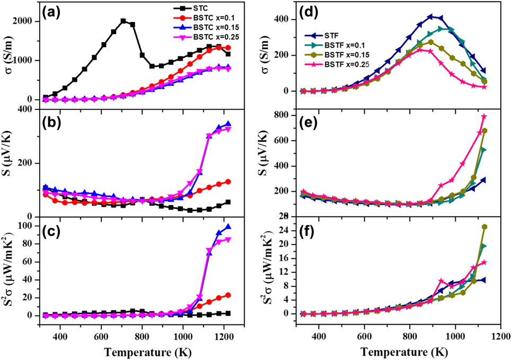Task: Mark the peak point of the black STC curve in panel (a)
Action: (123, 21)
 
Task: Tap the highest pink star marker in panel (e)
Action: (484, 117)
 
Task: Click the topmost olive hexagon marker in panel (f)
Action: (484, 227)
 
